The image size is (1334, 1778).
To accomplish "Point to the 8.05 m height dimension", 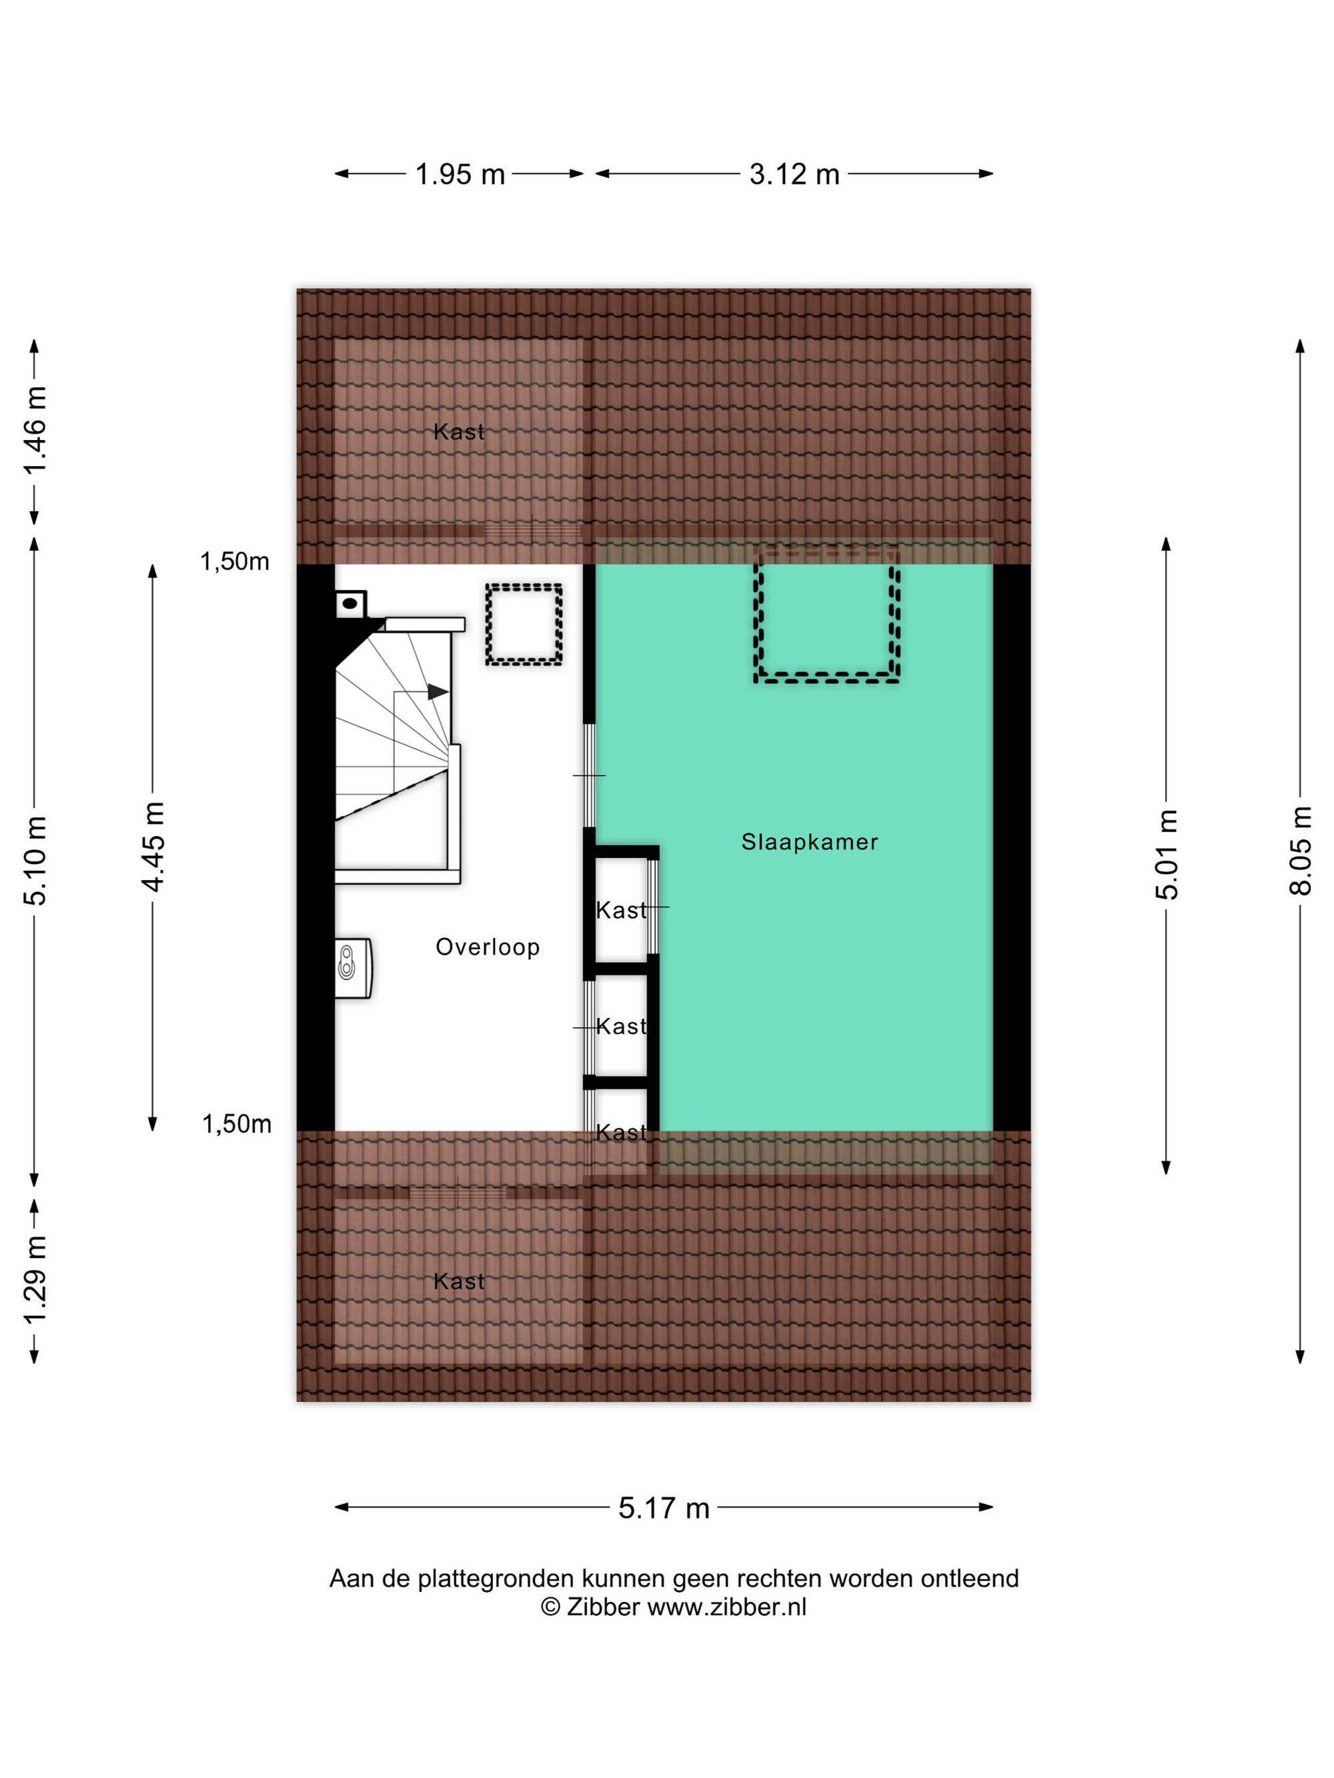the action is tap(1300, 851).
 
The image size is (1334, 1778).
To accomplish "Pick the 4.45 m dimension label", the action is tap(153, 847).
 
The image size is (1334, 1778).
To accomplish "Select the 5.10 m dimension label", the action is tap(35, 860).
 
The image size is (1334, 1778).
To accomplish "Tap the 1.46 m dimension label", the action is tap(35, 430).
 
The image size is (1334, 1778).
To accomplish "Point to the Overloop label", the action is tap(488, 948).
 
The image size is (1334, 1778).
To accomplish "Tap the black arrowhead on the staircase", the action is tap(438, 691).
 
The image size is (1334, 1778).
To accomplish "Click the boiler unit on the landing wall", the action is tap(354, 968).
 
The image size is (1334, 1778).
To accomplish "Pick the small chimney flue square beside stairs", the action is tap(351, 603).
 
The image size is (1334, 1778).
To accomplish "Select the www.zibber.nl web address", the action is tap(726, 1607).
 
